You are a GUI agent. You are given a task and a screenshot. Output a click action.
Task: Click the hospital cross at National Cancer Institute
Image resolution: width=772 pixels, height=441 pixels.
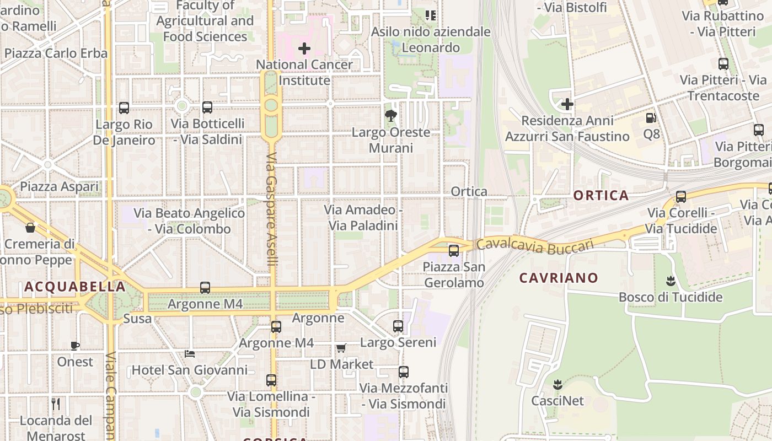point(304,49)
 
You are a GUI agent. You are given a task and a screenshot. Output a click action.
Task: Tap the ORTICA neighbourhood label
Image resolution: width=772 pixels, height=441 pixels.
point(601,195)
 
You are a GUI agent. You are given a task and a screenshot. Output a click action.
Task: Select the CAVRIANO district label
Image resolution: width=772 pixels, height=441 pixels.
point(559,278)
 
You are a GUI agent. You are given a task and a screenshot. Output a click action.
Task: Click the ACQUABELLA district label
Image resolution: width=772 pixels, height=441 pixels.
point(75,287)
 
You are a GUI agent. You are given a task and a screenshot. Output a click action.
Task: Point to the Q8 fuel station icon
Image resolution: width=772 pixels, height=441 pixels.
point(651,118)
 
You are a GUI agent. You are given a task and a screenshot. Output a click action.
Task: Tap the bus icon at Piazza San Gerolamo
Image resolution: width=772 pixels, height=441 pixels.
point(453,251)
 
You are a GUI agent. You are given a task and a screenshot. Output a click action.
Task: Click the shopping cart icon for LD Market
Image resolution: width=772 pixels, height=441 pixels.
point(341,348)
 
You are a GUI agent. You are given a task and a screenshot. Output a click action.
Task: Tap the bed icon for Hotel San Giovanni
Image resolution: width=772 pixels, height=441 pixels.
point(190,354)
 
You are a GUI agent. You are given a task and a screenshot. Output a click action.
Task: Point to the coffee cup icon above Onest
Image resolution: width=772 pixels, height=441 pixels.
point(75,346)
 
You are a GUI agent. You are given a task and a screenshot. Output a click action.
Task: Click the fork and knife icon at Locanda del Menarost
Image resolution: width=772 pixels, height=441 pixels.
point(56,405)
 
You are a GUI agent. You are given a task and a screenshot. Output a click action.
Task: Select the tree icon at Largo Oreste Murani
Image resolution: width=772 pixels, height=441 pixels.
point(391,116)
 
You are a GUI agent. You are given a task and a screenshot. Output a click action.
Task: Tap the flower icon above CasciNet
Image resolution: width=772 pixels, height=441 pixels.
point(557,384)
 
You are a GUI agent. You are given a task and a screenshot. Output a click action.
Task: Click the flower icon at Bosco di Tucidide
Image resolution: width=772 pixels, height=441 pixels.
point(671,281)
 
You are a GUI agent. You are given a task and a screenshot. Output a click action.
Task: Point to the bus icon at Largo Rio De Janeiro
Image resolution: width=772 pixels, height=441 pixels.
point(124,108)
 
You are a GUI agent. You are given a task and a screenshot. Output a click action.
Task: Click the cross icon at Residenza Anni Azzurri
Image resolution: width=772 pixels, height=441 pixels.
point(567,104)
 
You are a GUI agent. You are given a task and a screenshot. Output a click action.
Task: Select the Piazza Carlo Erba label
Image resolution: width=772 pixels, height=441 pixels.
point(56,53)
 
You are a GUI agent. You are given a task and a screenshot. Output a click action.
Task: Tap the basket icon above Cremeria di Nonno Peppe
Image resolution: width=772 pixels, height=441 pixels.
point(30,227)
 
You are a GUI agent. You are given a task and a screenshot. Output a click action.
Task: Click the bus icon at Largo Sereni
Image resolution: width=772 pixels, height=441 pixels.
point(398,326)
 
